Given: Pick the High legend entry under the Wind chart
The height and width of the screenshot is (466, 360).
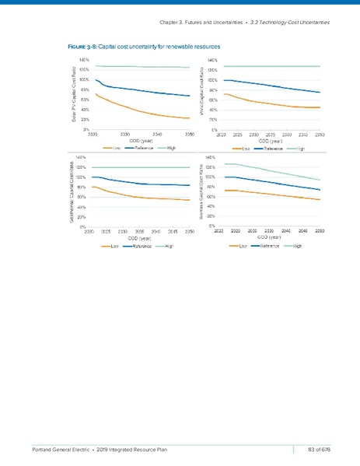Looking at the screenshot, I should click(x=297, y=148).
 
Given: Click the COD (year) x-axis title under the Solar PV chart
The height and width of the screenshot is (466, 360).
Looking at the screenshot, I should click(x=141, y=141).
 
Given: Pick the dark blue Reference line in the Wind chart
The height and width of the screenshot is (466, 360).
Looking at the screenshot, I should click(x=272, y=85).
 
